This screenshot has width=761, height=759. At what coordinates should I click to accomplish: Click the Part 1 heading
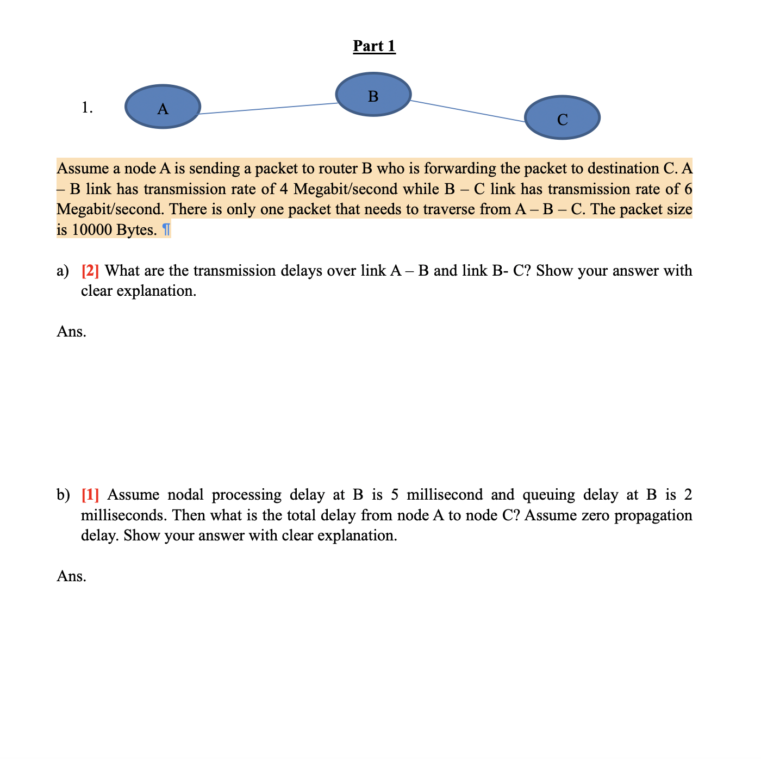tap(374, 46)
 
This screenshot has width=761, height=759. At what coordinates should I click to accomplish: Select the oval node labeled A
tap(163, 107)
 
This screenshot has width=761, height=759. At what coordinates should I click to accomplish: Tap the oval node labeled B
tap(373, 95)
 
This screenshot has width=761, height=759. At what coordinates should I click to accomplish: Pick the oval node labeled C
tap(562, 117)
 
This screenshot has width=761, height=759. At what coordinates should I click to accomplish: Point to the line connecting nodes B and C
tap(467, 111)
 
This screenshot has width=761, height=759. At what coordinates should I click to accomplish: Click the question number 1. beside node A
tap(87, 108)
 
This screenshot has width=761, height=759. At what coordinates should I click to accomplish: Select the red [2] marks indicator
tap(90, 270)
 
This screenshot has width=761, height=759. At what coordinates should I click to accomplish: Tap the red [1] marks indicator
tap(90, 494)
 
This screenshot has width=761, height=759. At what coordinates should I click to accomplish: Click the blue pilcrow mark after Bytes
tap(166, 230)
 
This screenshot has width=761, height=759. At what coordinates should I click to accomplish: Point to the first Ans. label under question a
tap(71, 331)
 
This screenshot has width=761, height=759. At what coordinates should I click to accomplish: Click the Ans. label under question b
tap(71, 576)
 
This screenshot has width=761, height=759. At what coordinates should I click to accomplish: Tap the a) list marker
tap(63, 270)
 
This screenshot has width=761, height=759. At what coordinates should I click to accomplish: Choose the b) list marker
tap(63, 494)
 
